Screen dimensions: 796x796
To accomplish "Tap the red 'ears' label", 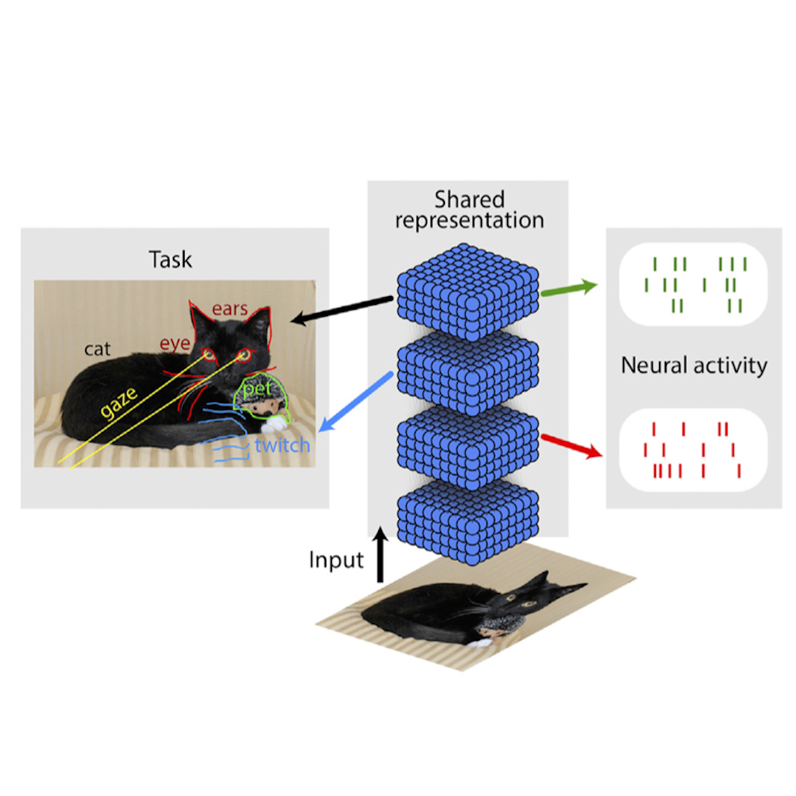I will point(230,308).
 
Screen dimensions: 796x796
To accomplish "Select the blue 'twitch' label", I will point(281,445).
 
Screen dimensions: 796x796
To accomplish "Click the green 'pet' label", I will point(256,389).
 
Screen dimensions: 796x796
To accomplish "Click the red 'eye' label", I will point(174,344).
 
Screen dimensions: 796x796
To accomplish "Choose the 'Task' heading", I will point(170,259).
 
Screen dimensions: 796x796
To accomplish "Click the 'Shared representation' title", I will point(469,209).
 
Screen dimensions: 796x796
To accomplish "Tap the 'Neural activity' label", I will point(694,365).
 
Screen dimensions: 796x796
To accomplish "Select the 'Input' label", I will point(336,560).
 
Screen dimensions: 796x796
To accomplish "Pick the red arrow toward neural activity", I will point(572,446).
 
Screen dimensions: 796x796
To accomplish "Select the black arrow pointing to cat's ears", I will point(342,310).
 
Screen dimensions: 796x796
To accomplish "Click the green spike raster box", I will point(694,284).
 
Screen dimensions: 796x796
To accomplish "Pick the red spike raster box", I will point(694,450).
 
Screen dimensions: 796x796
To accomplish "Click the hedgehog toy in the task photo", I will point(263,401).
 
